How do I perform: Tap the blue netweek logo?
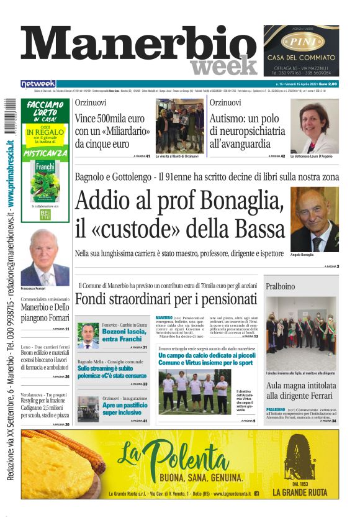point(38,84)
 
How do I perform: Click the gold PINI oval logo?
point(300,42)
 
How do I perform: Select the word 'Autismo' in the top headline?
point(230,117)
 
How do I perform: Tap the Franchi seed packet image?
point(45,180)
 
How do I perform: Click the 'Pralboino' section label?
point(281,286)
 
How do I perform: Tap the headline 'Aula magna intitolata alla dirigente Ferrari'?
point(300,390)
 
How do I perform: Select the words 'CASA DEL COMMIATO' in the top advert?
point(300,58)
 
